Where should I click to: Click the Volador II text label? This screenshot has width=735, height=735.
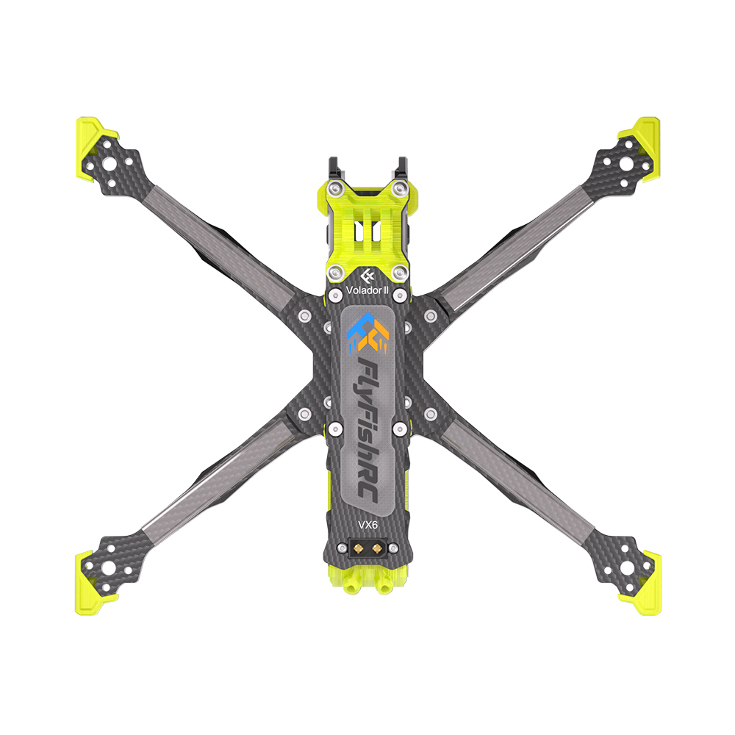(x=367, y=290)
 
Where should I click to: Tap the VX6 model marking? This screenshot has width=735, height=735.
(x=367, y=525)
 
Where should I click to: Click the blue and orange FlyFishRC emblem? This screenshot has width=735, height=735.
(x=368, y=333)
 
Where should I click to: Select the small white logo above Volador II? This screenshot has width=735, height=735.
(x=368, y=275)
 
